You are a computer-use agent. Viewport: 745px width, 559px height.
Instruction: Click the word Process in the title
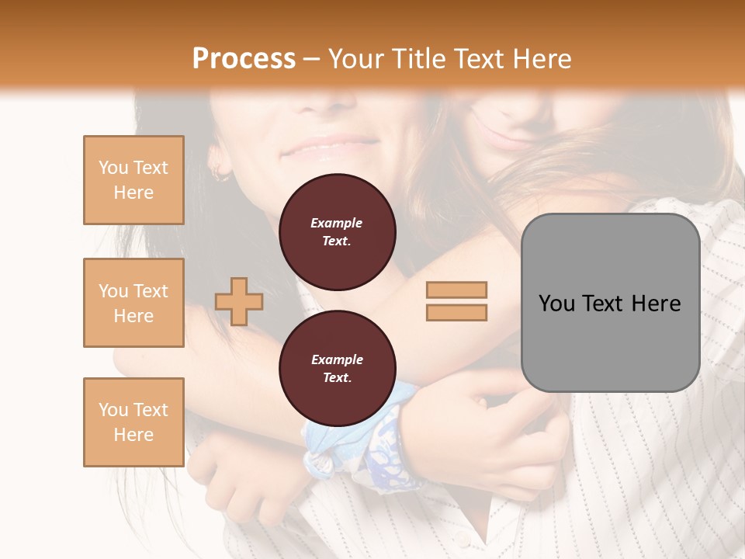[244, 59]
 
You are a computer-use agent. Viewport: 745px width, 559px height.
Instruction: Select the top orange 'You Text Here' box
[133, 180]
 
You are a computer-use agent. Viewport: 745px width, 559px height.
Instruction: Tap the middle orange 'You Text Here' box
[133, 303]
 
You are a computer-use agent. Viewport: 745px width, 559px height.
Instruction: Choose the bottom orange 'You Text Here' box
[133, 422]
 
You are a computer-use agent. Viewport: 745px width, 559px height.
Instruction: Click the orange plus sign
[239, 301]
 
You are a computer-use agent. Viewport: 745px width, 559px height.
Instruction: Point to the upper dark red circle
[337, 232]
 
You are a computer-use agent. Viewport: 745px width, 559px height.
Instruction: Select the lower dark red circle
[337, 369]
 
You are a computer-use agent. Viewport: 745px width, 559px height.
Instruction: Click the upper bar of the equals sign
[456, 290]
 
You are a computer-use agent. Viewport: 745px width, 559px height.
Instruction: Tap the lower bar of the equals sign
[456, 312]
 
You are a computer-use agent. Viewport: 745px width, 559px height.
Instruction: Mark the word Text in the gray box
[602, 304]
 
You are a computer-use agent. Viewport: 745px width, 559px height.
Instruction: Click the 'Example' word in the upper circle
[337, 223]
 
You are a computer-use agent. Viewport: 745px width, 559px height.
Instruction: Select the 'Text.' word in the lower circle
[337, 377]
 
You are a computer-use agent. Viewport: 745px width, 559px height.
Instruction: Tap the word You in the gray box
[556, 304]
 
